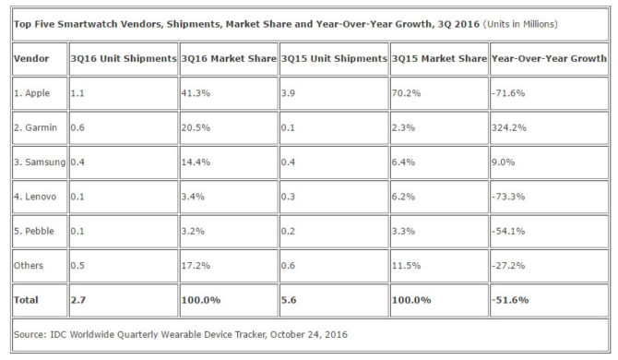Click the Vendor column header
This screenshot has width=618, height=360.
[x=31, y=59]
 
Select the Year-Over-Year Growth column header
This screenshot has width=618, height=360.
[x=549, y=59]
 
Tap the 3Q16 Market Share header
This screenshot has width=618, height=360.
[x=229, y=59]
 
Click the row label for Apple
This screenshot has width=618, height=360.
[x=32, y=93]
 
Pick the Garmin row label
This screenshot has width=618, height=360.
[x=35, y=127]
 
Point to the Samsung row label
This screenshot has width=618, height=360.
[x=40, y=162]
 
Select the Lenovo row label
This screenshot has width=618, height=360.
[x=35, y=197]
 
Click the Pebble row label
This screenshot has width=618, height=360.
[x=34, y=231]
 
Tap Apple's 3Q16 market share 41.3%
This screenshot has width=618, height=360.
[x=196, y=93]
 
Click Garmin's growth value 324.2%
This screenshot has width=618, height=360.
[x=509, y=127]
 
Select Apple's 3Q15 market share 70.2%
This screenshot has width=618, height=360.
[x=407, y=93]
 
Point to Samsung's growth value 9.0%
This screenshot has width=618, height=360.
[x=504, y=162]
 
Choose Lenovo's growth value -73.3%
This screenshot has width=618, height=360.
[x=508, y=197]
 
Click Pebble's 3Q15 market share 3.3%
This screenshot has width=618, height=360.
[x=403, y=231]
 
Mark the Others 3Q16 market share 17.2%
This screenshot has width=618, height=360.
[x=196, y=265]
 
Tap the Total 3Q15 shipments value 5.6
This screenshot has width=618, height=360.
[x=289, y=300]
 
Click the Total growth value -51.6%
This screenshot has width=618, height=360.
[x=510, y=300]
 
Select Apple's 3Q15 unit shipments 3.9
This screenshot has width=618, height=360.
[x=288, y=93]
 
